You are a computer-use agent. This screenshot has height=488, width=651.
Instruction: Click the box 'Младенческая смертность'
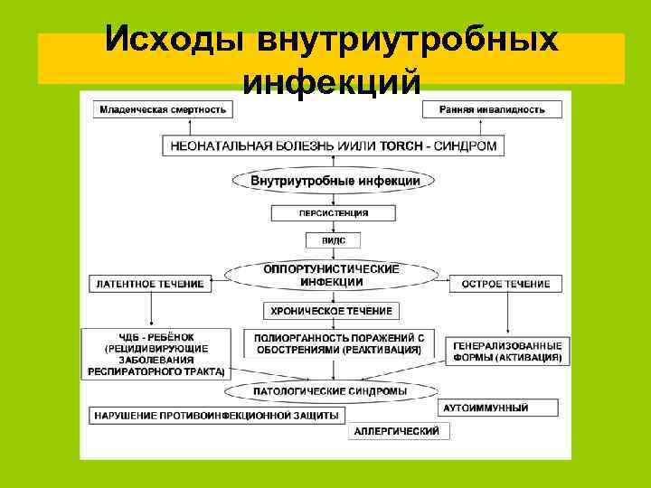[x=162, y=109]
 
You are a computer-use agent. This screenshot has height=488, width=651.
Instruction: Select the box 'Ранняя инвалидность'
[x=492, y=109]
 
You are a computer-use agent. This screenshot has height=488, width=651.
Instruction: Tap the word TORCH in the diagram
[x=406, y=145]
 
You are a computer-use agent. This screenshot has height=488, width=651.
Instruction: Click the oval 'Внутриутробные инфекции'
[x=335, y=181]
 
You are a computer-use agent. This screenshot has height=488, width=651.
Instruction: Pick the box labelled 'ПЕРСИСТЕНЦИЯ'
[x=334, y=214]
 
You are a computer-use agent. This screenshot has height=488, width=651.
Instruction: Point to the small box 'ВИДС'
[x=334, y=240]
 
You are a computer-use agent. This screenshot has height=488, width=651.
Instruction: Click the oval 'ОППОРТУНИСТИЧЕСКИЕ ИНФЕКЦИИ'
[x=332, y=275]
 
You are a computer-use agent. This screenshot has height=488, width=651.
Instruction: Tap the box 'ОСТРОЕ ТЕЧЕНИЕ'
[x=505, y=284]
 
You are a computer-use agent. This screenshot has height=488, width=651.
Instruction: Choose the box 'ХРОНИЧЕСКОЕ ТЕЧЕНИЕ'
[x=332, y=311]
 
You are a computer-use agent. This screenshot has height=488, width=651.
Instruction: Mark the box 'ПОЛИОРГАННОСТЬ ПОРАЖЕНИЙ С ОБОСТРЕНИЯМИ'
[x=339, y=343]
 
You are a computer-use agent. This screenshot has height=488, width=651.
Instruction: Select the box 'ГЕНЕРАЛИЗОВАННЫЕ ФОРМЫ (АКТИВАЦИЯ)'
[x=508, y=351]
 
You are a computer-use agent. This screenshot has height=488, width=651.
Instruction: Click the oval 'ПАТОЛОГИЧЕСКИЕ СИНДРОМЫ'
[x=333, y=390]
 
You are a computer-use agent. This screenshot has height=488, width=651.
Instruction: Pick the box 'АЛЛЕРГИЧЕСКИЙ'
[x=399, y=431]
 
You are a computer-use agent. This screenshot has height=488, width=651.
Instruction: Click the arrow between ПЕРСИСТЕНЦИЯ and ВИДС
[x=334, y=227]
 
